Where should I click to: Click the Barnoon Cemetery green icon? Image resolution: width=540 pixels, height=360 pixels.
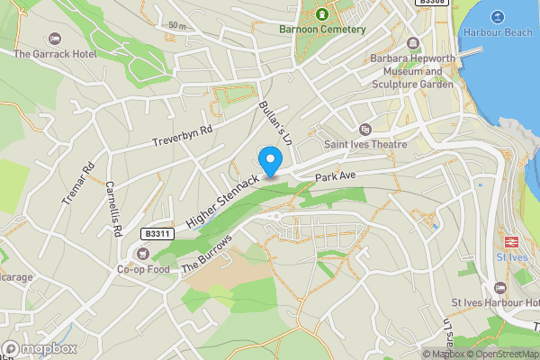(321, 13)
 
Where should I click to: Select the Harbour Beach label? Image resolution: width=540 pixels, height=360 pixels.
(497, 32)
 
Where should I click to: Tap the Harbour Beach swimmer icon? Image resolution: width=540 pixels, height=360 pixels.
(497, 16)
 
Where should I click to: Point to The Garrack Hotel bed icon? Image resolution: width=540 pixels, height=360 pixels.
(54, 40)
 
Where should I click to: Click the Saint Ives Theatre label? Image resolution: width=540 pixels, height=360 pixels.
(365, 144)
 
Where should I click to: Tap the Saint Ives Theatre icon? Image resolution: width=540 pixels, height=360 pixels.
(365, 130)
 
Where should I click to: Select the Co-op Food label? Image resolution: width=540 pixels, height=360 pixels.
(143, 269)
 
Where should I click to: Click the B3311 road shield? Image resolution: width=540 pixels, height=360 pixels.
(156, 233)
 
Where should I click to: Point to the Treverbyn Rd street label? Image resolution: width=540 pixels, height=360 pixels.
(182, 136)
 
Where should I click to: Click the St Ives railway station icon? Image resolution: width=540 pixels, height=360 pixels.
(511, 241)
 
